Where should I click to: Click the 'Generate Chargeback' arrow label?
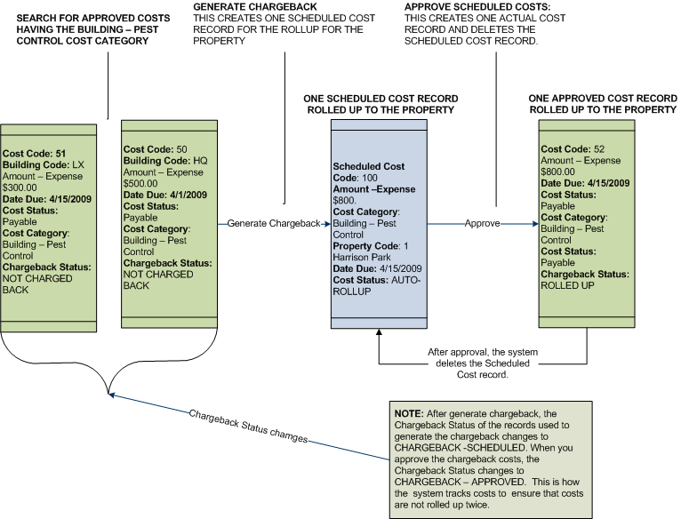pyautogui.click(x=273, y=223)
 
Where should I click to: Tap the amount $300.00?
pyautogui.click(x=20, y=188)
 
